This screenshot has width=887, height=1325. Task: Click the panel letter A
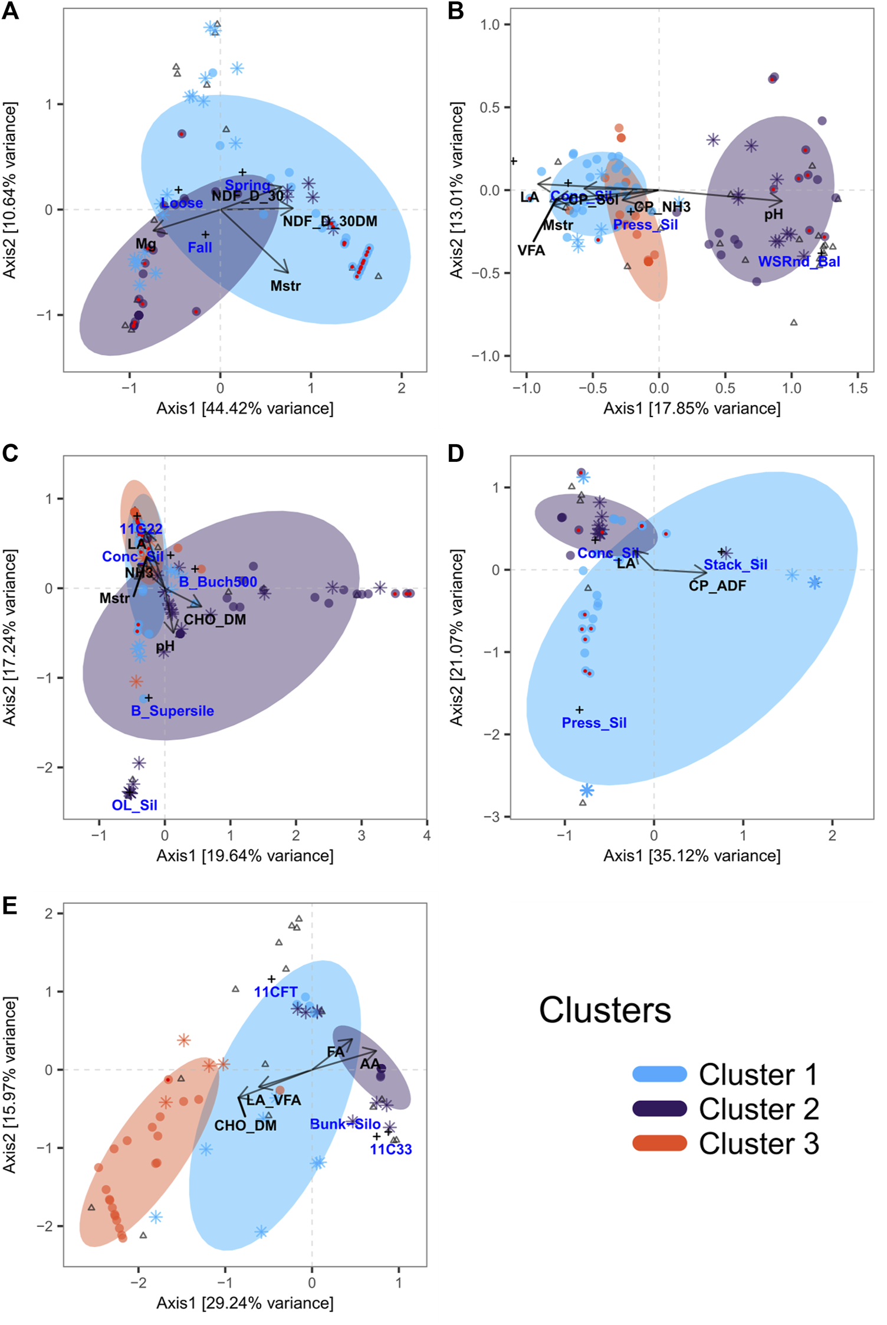pyautogui.click(x=10, y=11)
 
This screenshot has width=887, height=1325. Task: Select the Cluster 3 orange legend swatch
pyautogui.click(x=659, y=1143)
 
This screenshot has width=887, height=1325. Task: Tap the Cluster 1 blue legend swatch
pyautogui.click(x=659, y=1074)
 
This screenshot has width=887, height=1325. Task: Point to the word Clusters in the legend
pyautogui.click(x=605, y=1010)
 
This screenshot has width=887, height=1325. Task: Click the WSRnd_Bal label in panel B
pyautogui.click(x=799, y=261)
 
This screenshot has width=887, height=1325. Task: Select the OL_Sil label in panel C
pyautogui.click(x=134, y=805)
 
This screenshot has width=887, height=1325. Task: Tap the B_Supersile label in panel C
pyautogui.click(x=172, y=711)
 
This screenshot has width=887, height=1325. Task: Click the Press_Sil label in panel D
pyautogui.click(x=594, y=723)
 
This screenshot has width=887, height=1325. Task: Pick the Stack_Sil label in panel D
pyautogui.click(x=735, y=565)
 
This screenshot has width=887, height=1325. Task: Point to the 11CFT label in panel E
pyautogui.click(x=275, y=992)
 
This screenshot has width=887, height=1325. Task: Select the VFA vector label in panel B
pyautogui.click(x=531, y=251)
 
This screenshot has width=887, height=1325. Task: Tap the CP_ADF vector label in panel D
pyautogui.click(x=717, y=586)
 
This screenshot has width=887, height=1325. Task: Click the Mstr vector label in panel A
pyautogui.click(x=285, y=286)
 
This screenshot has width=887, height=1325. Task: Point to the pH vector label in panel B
pyautogui.click(x=774, y=214)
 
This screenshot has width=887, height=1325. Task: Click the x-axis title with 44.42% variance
pyautogui.click(x=245, y=408)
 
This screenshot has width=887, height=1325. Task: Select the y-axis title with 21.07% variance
pyautogui.click(x=456, y=637)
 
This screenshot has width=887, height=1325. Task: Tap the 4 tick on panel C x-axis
pyautogui.click(x=426, y=835)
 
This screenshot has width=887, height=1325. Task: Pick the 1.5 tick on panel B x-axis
pyautogui.click(x=858, y=388)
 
